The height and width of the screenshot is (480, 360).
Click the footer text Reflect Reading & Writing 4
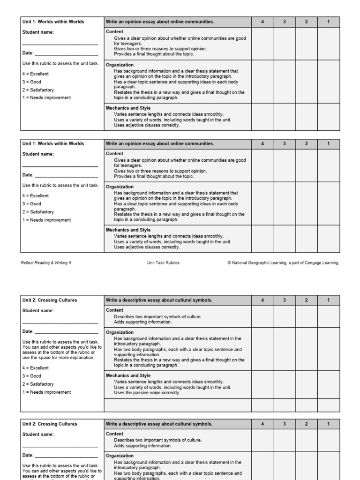pos(46,263)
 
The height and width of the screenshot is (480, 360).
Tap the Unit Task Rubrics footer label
pos(163,263)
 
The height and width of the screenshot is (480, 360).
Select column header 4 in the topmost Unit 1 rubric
pos(262,22)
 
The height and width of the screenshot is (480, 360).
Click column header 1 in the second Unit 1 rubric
pos(328,143)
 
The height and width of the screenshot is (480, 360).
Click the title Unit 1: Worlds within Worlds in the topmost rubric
pos(53,22)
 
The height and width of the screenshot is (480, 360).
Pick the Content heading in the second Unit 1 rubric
pos(115,153)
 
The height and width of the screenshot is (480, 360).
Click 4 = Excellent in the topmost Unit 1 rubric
pos(35,74)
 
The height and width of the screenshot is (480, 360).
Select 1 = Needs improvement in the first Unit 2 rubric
pos(46,392)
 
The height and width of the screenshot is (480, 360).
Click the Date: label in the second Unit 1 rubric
pos(28,175)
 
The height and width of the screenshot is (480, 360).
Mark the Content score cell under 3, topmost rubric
pos(285,44)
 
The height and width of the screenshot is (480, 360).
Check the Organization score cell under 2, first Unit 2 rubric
pos(307,349)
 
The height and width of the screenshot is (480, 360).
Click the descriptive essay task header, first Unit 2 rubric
pos(159,300)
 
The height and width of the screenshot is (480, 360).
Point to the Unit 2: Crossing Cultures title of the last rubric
pos(50,424)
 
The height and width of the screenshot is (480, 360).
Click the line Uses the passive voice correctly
pos(147,393)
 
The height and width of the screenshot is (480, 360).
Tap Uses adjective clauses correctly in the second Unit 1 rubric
pos(147,247)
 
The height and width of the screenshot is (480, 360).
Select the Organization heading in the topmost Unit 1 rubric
pos(120,65)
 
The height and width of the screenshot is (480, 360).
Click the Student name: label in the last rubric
pos(38,434)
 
